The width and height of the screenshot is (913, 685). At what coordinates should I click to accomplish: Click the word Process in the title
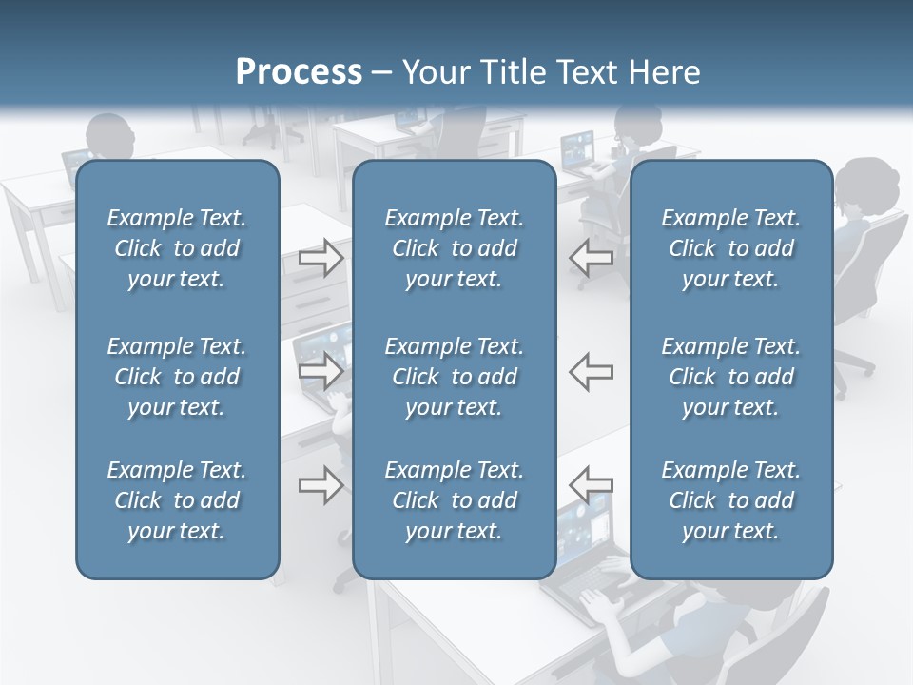299,72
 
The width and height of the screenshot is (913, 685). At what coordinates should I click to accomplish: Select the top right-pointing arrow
321,258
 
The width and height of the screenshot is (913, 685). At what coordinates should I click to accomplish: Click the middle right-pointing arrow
321,370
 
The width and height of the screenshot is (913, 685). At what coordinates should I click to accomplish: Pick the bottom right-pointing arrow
321,485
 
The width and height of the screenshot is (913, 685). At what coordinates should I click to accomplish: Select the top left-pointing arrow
592,258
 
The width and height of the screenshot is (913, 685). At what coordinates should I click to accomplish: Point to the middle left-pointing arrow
592,370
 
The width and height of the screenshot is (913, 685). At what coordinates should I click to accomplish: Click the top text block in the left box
177,248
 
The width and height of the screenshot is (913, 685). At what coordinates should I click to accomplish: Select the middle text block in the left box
177,377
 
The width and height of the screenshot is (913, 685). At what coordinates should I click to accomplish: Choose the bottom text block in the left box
177,500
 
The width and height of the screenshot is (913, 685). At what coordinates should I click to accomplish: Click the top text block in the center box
454,248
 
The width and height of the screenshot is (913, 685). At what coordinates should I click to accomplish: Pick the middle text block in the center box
454,377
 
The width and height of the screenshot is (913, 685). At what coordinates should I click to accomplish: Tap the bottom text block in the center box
454,500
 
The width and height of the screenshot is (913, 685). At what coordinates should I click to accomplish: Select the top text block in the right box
730,248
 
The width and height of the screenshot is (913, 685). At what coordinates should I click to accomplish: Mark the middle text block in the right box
730,377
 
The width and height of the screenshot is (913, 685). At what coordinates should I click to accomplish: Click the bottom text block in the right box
730,500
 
